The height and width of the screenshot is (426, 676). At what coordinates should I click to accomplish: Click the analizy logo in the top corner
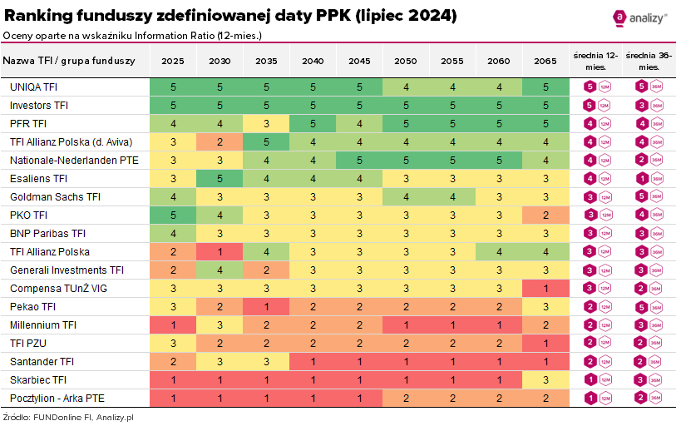[640, 17]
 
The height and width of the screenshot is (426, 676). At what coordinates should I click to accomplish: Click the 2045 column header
[359, 61]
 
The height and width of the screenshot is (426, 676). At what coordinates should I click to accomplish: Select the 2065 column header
[545, 61]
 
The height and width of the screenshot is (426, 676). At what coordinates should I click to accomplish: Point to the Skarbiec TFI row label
[38, 379]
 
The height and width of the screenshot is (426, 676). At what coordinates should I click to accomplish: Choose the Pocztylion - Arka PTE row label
[56, 398]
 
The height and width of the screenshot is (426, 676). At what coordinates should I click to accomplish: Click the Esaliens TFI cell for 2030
[220, 178]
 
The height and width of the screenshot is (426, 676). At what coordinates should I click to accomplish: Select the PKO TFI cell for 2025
[173, 215]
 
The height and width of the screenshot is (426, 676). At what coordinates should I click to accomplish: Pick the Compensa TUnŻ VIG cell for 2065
[545, 288]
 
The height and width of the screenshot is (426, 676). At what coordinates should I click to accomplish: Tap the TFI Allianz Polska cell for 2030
[220, 251]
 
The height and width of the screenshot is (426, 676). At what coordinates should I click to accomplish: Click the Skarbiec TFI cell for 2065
[545, 379]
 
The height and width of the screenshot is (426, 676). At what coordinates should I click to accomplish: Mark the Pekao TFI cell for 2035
[266, 306]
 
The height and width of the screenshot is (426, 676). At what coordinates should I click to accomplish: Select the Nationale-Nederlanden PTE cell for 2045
[359, 160]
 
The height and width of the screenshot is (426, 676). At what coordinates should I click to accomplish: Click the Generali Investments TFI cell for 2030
[220, 270]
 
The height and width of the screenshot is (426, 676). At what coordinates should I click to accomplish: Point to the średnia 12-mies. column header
[596, 60]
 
